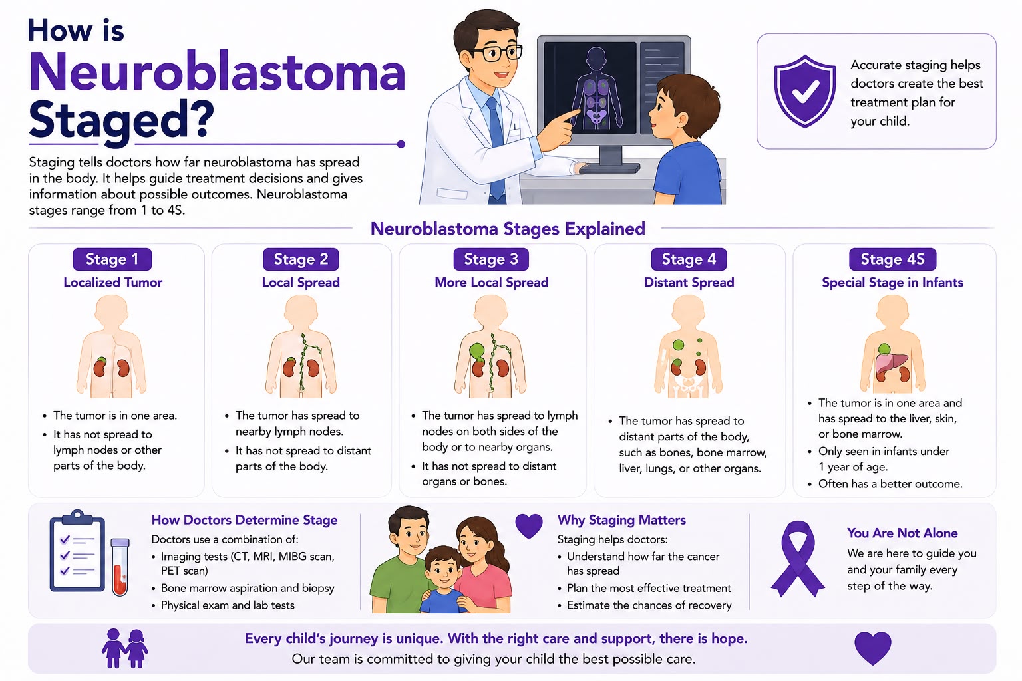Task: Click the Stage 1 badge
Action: click(x=112, y=259)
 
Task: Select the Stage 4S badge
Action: click(x=892, y=259)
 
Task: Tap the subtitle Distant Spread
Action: click(x=689, y=283)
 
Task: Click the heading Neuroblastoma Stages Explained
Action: click(x=508, y=229)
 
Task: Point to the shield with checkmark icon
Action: click(x=805, y=90)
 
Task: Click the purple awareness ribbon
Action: click(x=798, y=559)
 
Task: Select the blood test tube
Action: click(x=120, y=567)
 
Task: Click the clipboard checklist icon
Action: click(x=77, y=551)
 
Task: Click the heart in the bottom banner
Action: click(x=872, y=648)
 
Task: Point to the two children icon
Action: click(x=124, y=648)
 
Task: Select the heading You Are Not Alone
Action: click(x=902, y=533)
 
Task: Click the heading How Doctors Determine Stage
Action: click(x=244, y=520)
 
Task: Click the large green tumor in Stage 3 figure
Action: click(x=477, y=351)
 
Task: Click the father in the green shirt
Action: click(x=401, y=561)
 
